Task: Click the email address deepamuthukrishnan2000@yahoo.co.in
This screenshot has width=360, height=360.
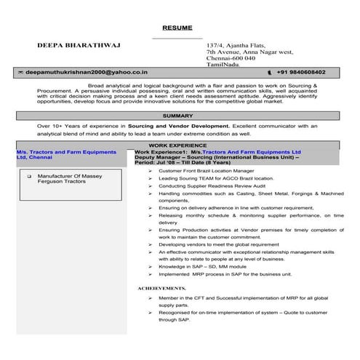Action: [x=87, y=73]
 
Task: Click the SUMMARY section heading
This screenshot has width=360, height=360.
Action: [x=178, y=116]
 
